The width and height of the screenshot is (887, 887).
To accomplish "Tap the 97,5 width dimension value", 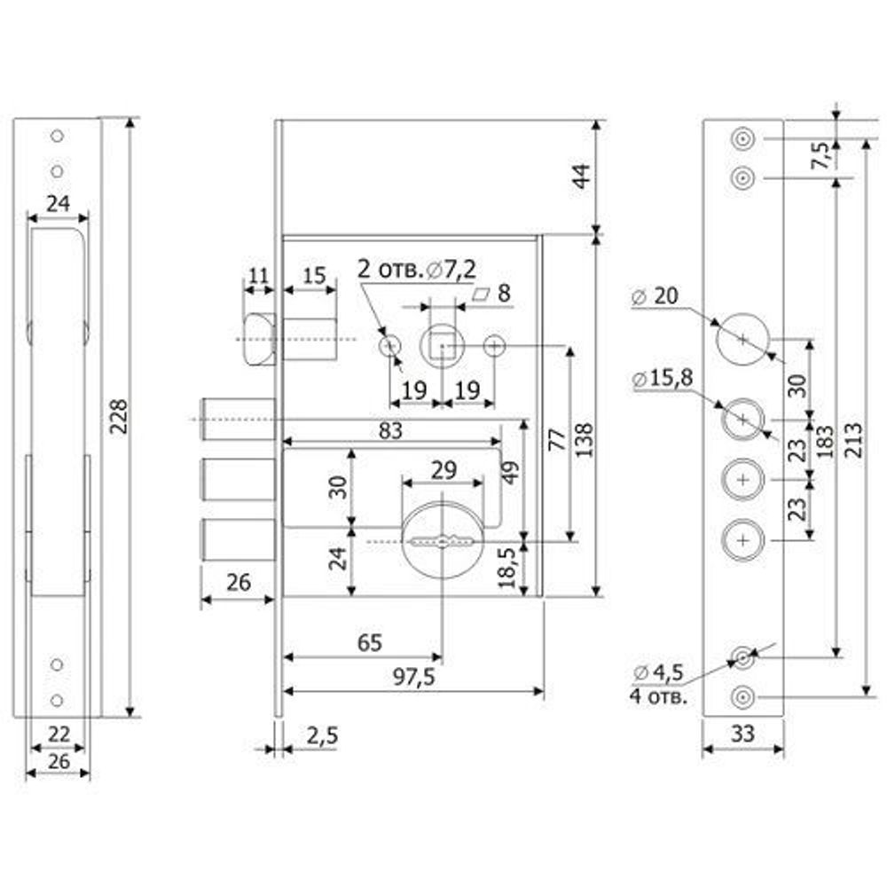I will pos(413,677).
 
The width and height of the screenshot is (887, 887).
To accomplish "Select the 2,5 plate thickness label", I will pos(320,735).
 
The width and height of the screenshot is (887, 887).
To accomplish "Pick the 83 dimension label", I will pos(390,431).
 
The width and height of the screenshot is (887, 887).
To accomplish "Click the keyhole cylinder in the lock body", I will pos(442,540).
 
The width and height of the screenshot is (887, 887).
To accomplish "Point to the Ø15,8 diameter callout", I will pos(663,380).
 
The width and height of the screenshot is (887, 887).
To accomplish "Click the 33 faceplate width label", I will pos(742,735).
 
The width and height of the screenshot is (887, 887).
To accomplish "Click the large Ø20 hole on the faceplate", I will pos(742,338).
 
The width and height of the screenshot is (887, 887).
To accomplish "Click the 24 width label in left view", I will pos(58,204).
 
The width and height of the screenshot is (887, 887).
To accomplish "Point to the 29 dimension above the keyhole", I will pos(443,471).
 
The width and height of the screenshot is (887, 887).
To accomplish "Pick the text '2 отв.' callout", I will pos(389,268).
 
